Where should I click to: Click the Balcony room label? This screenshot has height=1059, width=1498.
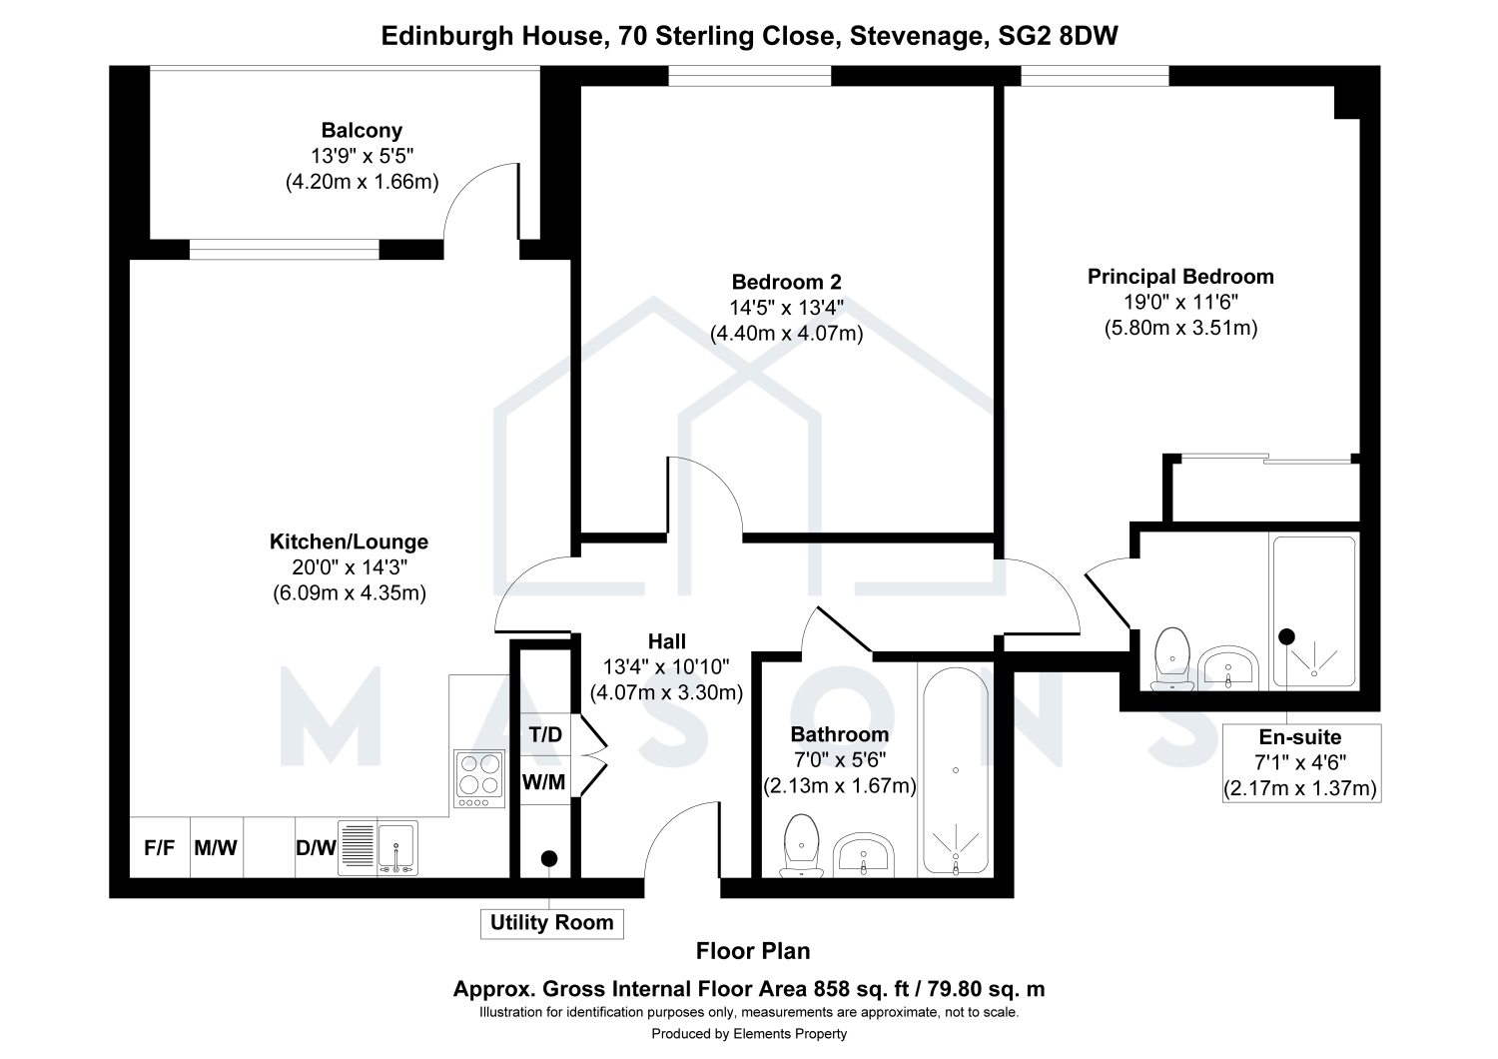point(362,130)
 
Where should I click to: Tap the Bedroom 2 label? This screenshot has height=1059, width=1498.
point(787,282)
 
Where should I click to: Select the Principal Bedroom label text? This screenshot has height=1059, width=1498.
point(1180,277)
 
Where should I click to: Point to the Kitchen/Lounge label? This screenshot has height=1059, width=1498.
point(349,541)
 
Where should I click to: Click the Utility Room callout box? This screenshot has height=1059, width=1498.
point(551,923)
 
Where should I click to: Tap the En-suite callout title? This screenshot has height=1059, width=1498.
point(1300,737)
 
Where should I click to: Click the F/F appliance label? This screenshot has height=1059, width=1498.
point(159,848)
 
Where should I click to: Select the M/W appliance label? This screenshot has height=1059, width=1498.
point(216,848)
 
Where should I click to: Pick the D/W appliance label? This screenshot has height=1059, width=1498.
point(316,848)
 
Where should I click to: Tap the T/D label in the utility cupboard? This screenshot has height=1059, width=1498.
point(545,734)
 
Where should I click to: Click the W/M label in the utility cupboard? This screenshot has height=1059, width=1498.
point(543,781)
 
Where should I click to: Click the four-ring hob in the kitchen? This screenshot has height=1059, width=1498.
point(479,778)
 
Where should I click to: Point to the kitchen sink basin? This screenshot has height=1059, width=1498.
point(397,845)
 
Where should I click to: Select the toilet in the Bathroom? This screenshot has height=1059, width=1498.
point(801,845)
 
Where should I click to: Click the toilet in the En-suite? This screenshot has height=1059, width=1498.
point(1172,658)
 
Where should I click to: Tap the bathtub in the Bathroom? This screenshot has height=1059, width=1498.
point(955,770)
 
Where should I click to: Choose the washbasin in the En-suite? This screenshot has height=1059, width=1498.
point(1227,667)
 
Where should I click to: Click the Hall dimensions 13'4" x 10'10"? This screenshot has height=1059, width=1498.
point(666,667)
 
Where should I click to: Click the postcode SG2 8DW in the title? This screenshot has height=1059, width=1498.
point(1058,35)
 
